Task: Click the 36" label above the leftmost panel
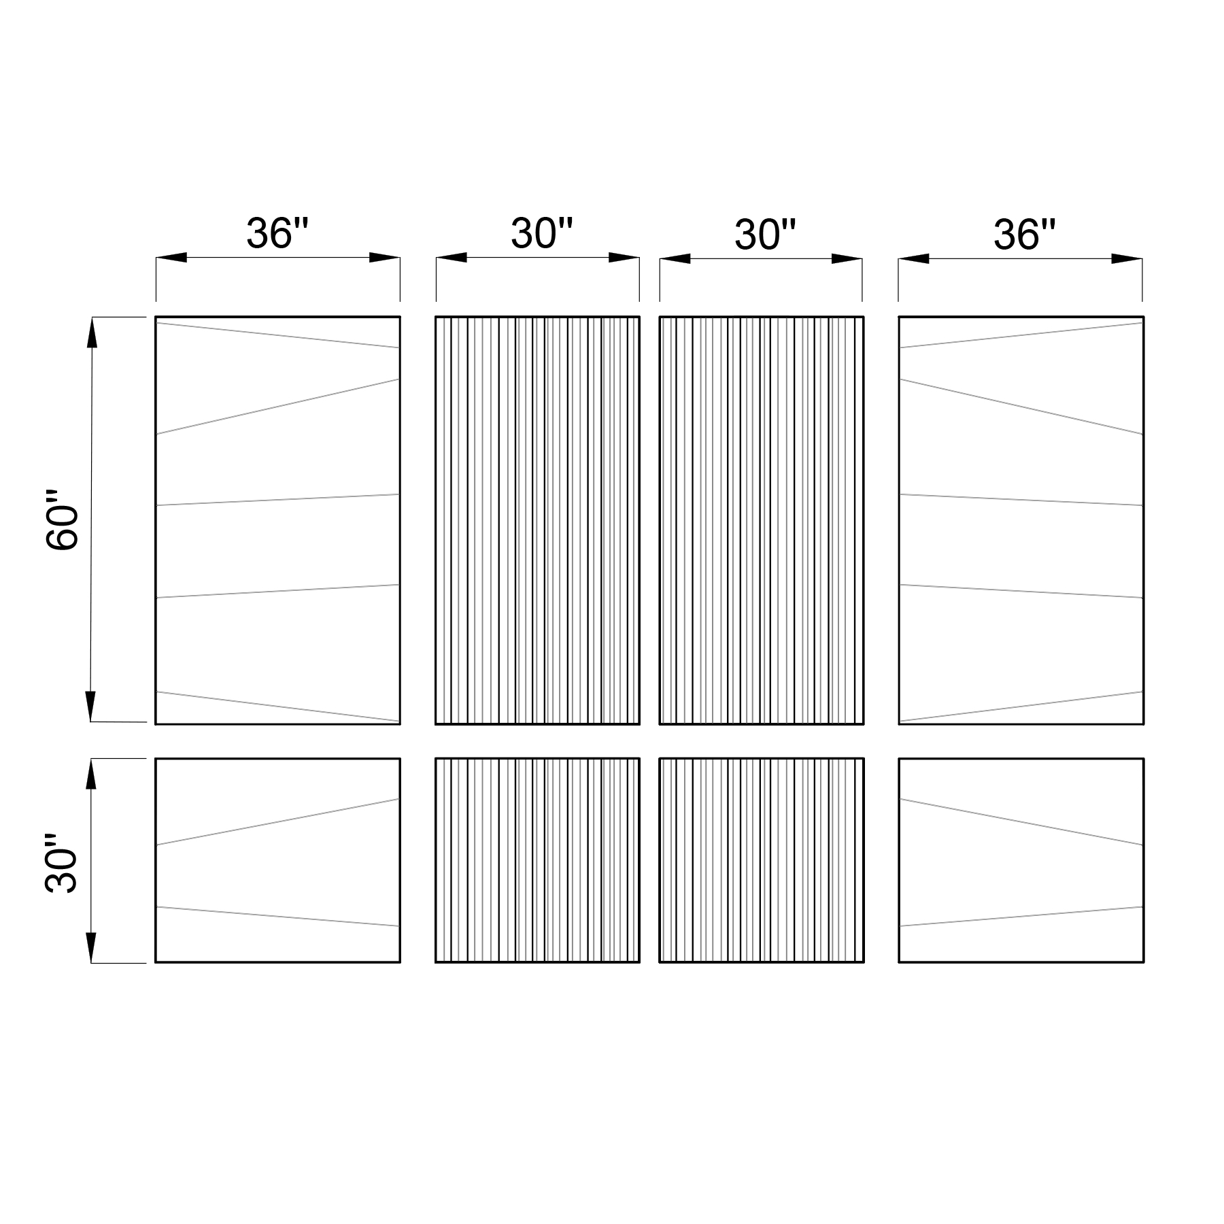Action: pyautogui.click(x=277, y=233)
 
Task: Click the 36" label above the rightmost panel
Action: pyautogui.click(x=1024, y=235)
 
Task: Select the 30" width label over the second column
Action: pyautogui.click(x=542, y=233)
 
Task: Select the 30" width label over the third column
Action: pyautogui.click(x=765, y=235)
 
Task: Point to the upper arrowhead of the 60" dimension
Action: pyautogui.click(x=92, y=333)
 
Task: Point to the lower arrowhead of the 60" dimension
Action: pyautogui.click(x=91, y=706)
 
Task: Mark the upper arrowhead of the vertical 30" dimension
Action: pyautogui.click(x=92, y=774)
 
